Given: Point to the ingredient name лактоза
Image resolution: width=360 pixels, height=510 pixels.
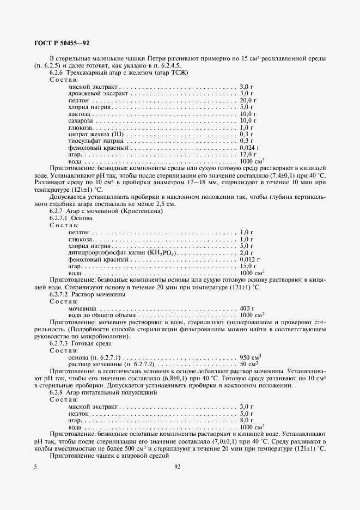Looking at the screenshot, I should [x=79, y=114].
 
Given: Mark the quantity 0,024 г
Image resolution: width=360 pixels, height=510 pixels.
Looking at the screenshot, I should [x=249, y=148].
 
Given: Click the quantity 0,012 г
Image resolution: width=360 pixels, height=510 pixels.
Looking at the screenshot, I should [x=249, y=259].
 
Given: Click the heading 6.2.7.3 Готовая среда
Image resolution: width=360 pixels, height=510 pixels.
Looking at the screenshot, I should [x=81, y=344].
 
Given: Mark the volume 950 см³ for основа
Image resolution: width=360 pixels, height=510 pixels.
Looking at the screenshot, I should [x=251, y=357].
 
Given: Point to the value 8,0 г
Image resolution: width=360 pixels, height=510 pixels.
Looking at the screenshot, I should [x=247, y=420].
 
